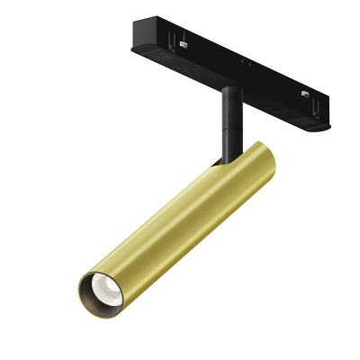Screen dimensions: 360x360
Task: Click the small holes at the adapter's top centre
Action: point(243,60)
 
